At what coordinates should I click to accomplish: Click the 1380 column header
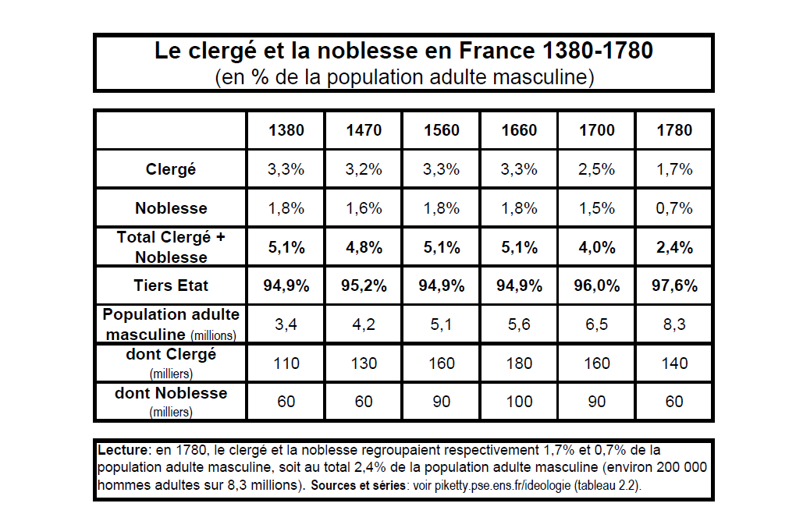click(x=286, y=130)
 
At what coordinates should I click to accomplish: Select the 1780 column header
click(x=674, y=130)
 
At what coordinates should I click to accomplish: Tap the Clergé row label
click(x=171, y=169)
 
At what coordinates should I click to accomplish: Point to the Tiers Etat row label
click(x=171, y=285)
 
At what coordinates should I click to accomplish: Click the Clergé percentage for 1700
click(x=596, y=169)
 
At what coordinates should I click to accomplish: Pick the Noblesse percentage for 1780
click(x=674, y=208)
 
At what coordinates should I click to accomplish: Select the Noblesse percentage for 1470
click(x=364, y=208)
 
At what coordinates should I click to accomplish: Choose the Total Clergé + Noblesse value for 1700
click(x=597, y=247)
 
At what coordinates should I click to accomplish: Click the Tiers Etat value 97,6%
click(x=675, y=285)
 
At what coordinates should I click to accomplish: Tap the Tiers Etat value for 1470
click(x=364, y=285)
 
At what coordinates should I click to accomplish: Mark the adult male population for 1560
click(x=441, y=324)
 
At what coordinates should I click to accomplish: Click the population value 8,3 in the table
click(x=674, y=324)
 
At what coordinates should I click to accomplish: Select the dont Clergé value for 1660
click(x=519, y=363)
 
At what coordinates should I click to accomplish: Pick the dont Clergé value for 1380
click(x=286, y=363)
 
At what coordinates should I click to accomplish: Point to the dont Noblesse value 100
click(x=519, y=402)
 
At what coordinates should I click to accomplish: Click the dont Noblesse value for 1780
click(x=674, y=402)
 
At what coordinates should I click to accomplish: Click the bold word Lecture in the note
click(x=123, y=450)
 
